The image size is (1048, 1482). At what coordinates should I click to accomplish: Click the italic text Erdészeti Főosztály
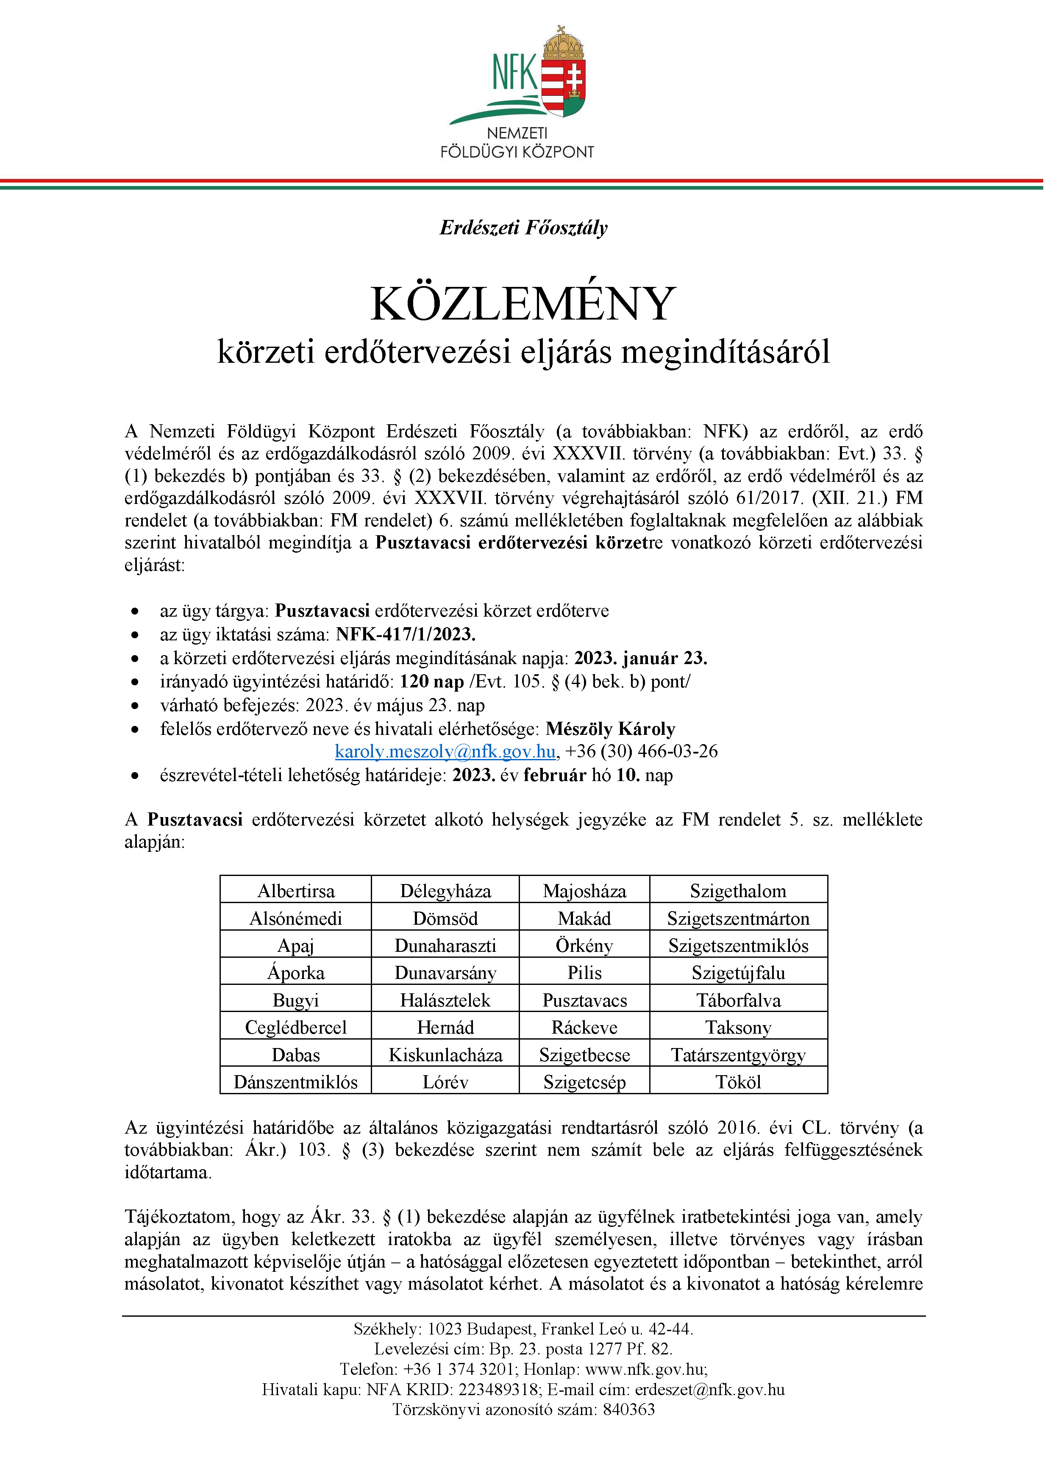[523, 227]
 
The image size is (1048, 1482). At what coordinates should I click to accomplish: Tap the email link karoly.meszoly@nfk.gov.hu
[445, 751]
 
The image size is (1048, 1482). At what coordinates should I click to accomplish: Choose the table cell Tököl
[738, 1082]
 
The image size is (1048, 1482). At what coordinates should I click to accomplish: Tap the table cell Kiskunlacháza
[445, 1055]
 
